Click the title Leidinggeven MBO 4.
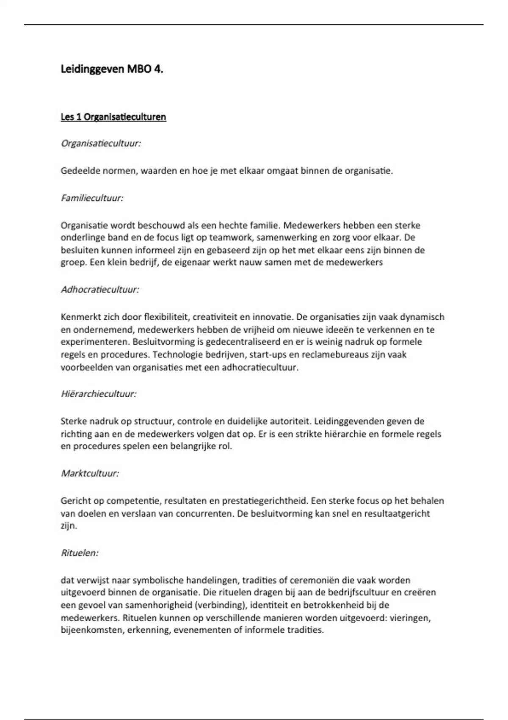tap(112, 69)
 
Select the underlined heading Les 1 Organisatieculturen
tap(113, 117)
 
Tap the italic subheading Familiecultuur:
tap(92, 198)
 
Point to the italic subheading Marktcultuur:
tap(90, 473)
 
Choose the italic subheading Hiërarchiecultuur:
tap(99, 394)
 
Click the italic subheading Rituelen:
tap(80, 553)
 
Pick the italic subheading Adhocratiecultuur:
tap(100, 290)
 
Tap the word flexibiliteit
tap(167, 317)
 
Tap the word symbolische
tap(158, 580)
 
